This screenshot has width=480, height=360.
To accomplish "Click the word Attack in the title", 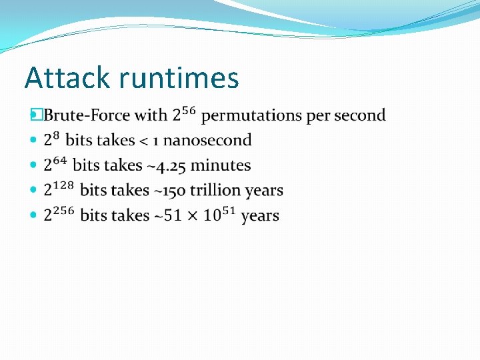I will click(x=67, y=78).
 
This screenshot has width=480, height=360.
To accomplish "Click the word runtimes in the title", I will click(x=179, y=78).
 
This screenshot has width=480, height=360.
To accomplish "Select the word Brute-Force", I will click(x=87, y=115).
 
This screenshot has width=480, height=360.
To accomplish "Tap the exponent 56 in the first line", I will click(x=189, y=111).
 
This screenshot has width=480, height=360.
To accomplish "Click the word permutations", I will click(x=251, y=115).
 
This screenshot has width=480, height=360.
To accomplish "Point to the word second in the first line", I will click(x=360, y=115).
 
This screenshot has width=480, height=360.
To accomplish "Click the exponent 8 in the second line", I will click(x=56, y=136).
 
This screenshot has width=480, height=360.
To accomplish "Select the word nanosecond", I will click(x=207, y=141).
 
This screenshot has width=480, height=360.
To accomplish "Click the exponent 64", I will click(x=60, y=161).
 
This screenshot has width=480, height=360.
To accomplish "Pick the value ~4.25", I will click(x=164, y=166).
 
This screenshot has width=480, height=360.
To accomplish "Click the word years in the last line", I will click(x=260, y=216).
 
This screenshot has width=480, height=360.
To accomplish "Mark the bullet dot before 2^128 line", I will click(x=35, y=191).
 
